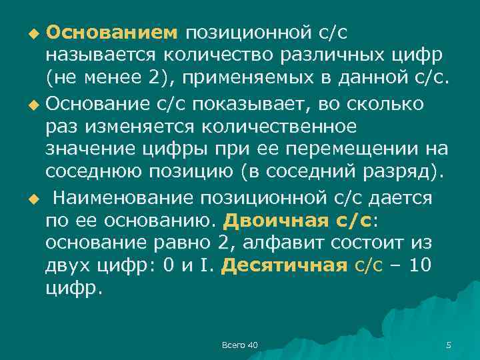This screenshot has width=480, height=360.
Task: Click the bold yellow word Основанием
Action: pos(112,31)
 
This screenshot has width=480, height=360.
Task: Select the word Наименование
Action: pos(130,198)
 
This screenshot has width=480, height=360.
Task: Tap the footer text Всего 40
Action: pos(239,345)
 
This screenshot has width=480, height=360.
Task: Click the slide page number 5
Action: pos(448,345)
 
